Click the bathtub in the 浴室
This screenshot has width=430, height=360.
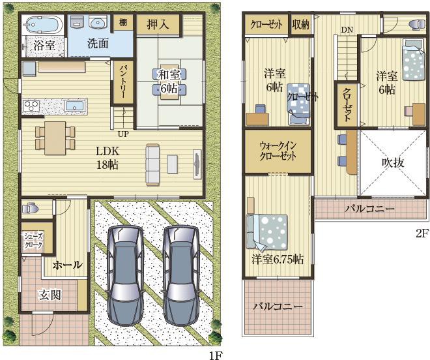[43, 24]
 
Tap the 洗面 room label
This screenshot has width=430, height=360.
[98, 44]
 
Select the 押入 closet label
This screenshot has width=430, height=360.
[158, 25]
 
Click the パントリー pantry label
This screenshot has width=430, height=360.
[123, 82]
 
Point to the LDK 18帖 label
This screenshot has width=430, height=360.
[107, 158]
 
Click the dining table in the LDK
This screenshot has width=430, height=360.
[55, 138]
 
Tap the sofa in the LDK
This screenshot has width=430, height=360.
[152, 164]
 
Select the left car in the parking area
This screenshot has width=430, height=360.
[126, 275]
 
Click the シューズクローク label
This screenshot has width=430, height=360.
[33, 241]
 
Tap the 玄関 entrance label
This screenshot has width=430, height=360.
[50, 295]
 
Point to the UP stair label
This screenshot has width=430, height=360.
[123, 134]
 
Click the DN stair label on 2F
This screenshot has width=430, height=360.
[347, 29]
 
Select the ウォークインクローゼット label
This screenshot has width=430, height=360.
[278, 151]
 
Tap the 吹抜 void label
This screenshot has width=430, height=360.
[393, 163]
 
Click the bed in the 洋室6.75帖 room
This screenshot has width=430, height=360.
[267, 233]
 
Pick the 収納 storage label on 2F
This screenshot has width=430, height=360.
[300, 25]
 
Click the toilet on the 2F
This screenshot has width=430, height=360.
[416, 24]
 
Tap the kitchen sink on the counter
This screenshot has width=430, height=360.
[74, 106]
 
